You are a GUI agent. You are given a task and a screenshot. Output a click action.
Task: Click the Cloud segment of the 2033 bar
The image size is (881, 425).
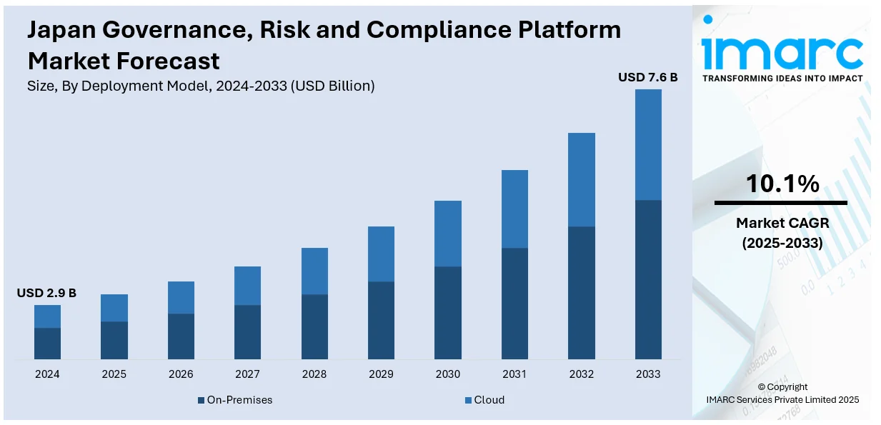(648, 144)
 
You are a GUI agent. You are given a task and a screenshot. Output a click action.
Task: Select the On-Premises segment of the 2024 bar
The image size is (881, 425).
(47, 343)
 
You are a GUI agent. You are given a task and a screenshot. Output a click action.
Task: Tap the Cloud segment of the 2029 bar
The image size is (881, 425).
(381, 254)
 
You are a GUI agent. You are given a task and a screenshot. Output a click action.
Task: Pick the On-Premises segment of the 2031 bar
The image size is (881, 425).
(514, 303)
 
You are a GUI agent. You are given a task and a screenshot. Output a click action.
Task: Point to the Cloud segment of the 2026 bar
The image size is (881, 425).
(181, 297)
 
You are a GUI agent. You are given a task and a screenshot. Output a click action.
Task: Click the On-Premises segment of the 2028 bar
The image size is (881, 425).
(314, 326)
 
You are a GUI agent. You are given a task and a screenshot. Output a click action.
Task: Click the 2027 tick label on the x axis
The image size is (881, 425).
(247, 374)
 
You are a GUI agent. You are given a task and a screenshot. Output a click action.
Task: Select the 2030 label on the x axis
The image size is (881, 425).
(447, 374)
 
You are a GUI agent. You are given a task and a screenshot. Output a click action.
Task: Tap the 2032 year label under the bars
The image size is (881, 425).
(581, 374)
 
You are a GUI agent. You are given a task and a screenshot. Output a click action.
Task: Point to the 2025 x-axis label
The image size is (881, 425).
(114, 374)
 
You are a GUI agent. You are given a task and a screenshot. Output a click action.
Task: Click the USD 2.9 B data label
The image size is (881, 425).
(46, 293)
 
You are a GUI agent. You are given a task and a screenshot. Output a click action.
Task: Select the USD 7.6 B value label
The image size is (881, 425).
(647, 77)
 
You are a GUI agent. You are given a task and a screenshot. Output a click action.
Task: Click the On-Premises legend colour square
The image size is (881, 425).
(201, 400)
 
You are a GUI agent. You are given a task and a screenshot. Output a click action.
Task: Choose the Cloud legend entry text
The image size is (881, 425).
(489, 400)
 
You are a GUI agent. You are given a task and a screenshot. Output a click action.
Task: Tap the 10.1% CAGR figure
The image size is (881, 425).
(782, 184)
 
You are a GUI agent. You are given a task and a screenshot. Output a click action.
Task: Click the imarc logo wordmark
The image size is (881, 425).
(782, 50)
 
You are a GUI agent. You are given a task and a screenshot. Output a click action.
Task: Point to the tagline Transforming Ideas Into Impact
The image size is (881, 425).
(782, 79)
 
